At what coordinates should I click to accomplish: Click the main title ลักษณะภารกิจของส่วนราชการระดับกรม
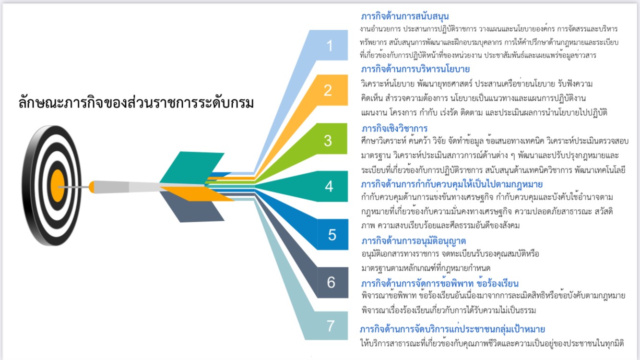(136, 102)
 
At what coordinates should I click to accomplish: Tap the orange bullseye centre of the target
(58, 186)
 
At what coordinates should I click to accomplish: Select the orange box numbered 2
(329, 90)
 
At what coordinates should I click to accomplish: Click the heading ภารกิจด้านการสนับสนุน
(404, 16)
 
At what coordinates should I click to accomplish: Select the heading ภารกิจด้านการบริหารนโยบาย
(415, 69)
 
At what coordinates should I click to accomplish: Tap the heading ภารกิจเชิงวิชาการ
(394, 128)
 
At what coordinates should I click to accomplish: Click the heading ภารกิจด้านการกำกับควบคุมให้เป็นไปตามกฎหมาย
(452, 184)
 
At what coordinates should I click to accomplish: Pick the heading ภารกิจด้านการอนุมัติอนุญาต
(414, 241)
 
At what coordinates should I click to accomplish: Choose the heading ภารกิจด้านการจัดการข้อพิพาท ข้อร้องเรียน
(440, 283)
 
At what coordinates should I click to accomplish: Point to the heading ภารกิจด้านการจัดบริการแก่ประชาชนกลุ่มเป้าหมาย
(452, 329)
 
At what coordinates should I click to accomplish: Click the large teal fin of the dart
(192, 167)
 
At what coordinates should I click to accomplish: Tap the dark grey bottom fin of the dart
(192, 207)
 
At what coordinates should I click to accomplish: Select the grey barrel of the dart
(127, 187)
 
